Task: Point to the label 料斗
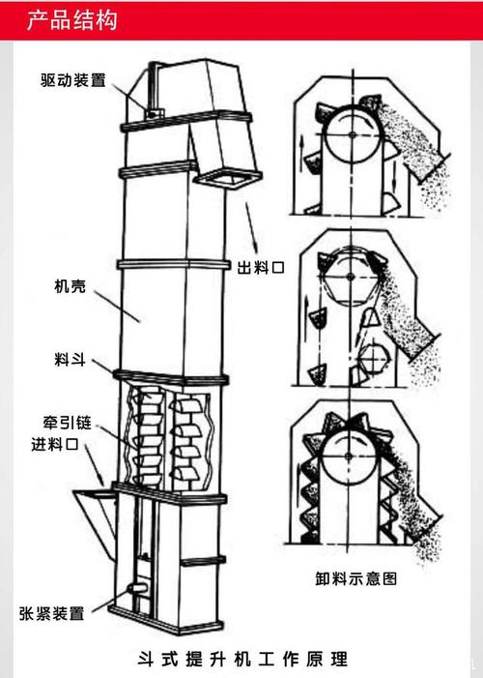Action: point(71,361)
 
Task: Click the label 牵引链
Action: point(71,424)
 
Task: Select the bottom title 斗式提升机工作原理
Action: point(241,658)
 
